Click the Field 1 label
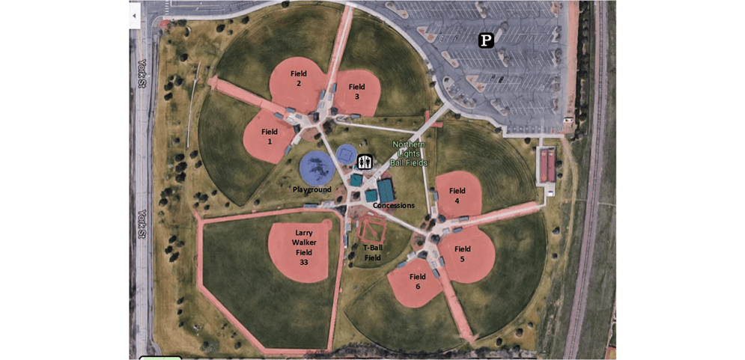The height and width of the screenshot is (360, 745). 270,136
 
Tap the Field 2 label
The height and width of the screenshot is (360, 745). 299,79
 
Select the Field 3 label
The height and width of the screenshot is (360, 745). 356,91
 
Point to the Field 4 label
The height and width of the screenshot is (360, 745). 457,195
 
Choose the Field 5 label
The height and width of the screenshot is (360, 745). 462,254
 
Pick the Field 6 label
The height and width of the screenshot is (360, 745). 417,281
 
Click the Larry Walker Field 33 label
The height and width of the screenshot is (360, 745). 303,247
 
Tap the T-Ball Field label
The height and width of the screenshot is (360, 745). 373,253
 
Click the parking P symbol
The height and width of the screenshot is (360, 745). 487,40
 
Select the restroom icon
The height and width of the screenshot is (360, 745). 365,162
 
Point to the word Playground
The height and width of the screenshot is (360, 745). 311,190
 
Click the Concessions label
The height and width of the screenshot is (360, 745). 393,206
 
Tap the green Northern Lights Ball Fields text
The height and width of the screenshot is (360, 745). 409,153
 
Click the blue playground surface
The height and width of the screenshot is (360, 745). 317,167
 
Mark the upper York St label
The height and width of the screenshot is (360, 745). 141,73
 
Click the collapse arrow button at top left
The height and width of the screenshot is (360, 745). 134,16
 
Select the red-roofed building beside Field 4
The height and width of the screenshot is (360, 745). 547,165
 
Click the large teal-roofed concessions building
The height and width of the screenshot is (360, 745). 386,189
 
